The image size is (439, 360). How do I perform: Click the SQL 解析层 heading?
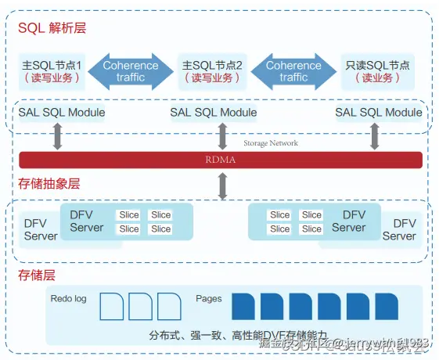(x=52, y=28)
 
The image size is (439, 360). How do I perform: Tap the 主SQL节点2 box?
(x=212, y=70)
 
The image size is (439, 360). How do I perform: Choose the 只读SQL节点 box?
(x=377, y=70)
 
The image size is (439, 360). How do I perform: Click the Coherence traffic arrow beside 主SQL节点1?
(x=131, y=71)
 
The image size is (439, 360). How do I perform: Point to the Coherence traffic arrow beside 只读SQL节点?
(x=293, y=71)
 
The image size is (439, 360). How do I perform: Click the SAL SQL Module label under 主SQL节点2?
(x=213, y=113)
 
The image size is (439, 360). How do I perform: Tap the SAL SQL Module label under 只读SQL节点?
(x=379, y=113)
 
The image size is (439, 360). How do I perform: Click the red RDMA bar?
(x=220, y=160)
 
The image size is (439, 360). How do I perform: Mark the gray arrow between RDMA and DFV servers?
(x=223, y=185)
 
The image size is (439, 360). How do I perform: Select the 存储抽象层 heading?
(x=49, y=185)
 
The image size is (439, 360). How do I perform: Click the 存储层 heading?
(x=36, y=275)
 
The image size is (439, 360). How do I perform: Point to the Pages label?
(x=208, y=299)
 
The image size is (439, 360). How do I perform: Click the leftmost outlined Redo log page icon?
(x=113, y=307)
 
